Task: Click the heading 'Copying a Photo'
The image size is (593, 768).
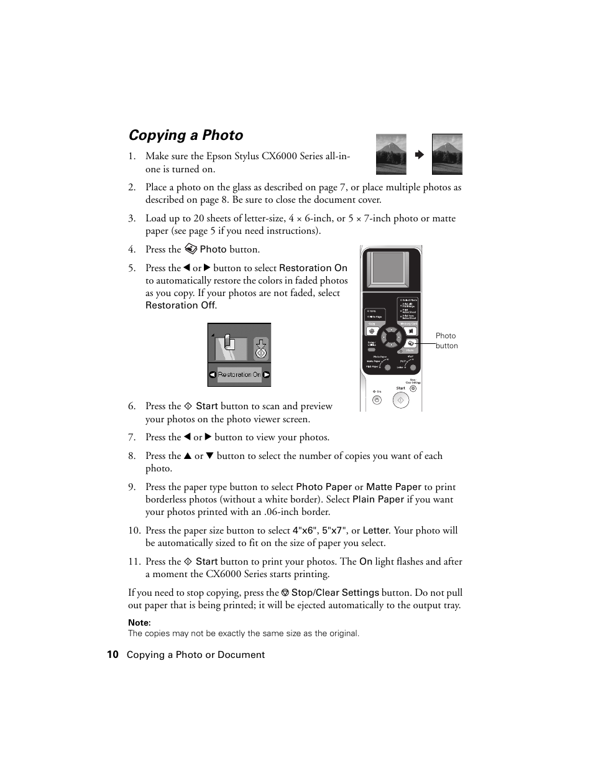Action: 185,136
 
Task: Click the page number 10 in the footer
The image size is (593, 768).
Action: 113,654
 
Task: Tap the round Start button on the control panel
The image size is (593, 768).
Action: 401,400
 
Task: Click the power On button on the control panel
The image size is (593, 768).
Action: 377,400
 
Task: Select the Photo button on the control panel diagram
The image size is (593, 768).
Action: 410,343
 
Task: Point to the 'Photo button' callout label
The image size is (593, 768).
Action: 446,341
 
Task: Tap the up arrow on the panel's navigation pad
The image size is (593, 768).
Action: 390,330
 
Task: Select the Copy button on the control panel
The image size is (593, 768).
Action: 372,331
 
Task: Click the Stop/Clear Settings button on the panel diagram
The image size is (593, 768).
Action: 413,388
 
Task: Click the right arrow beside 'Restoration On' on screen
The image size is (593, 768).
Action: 266,375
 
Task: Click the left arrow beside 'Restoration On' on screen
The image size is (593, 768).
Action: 213,375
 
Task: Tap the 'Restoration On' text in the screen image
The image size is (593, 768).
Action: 239,375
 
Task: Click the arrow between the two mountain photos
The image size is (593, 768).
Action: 419,154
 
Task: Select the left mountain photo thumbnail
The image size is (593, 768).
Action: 391,154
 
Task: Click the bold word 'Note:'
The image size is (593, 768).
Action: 139,622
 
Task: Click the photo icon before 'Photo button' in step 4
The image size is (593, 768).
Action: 191,249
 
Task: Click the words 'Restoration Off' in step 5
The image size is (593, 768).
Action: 180,305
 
